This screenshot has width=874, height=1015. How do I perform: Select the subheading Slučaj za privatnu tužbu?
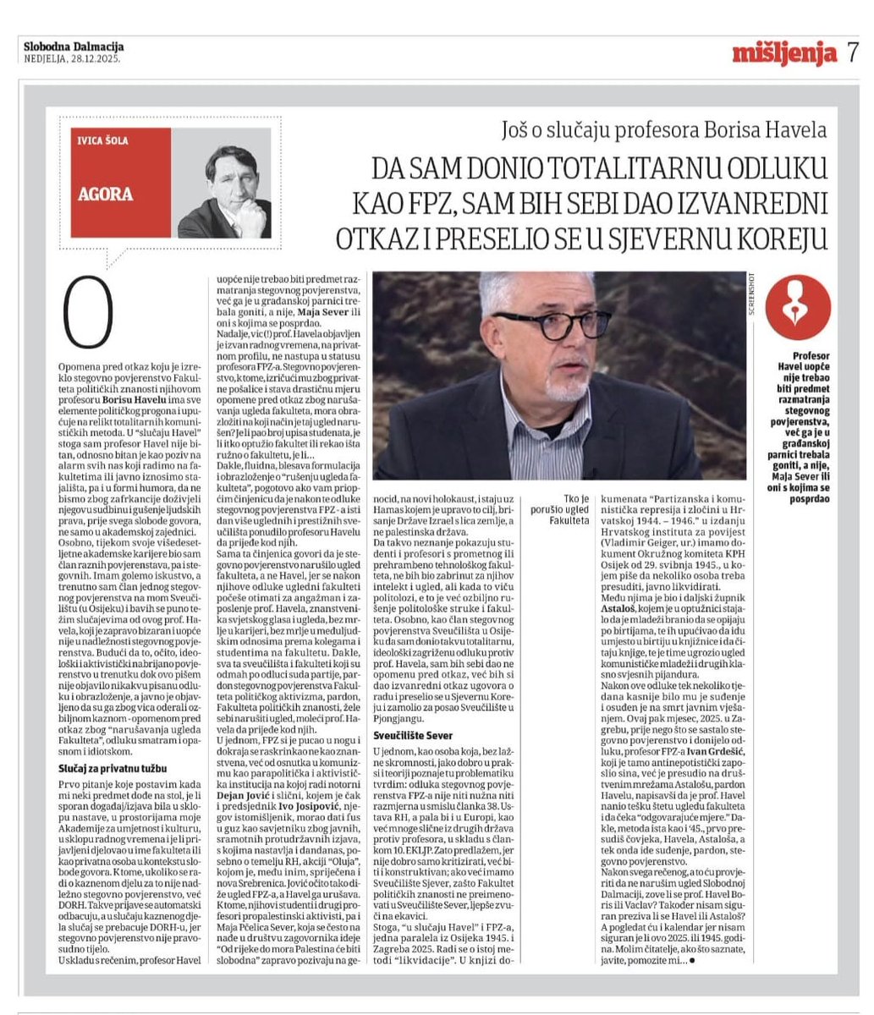[111, 768]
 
